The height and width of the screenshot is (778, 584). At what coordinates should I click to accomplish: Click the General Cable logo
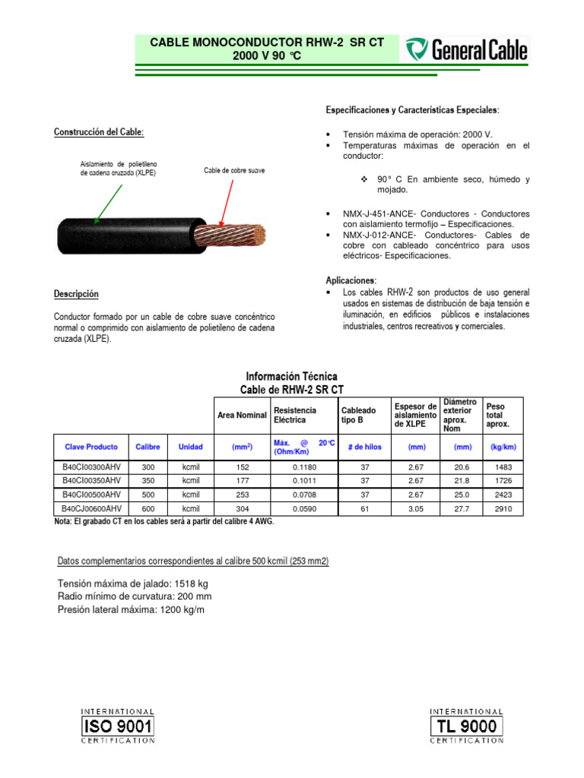click(466, 50)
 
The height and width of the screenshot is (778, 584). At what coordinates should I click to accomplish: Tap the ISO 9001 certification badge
click(117, 726)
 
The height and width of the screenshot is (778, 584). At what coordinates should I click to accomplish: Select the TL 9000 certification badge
click(466, 726)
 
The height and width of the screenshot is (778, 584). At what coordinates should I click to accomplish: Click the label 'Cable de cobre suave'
click(234, 171)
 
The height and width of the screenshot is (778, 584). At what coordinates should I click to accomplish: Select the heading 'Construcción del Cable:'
click(98, 132)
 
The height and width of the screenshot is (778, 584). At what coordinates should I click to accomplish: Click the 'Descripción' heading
click(76, 294)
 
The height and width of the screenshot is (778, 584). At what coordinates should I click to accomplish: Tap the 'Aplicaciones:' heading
click(351, 280)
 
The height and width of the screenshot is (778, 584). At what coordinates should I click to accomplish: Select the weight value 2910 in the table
click(503, 508)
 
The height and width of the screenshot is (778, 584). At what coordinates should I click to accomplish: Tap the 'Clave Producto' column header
click(87, 448)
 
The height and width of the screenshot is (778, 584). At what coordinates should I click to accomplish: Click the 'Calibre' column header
click(148, 448)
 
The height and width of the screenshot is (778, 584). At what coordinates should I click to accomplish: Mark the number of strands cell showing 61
click(364, 508)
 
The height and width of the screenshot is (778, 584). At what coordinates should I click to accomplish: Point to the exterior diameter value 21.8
click(462, 482)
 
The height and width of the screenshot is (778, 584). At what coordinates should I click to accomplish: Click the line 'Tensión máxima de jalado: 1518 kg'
click(133, 583)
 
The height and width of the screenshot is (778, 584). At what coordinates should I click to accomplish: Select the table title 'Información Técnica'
click(291, 376)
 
